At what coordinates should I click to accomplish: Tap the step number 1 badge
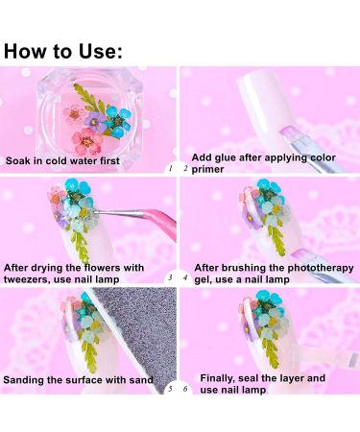click(169, 168)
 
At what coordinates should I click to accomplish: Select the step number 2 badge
click(185, 168)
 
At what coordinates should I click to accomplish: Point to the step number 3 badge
click(169, 277)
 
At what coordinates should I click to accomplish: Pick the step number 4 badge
click(185, 277)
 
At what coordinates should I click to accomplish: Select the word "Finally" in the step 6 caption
click(214, 378)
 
